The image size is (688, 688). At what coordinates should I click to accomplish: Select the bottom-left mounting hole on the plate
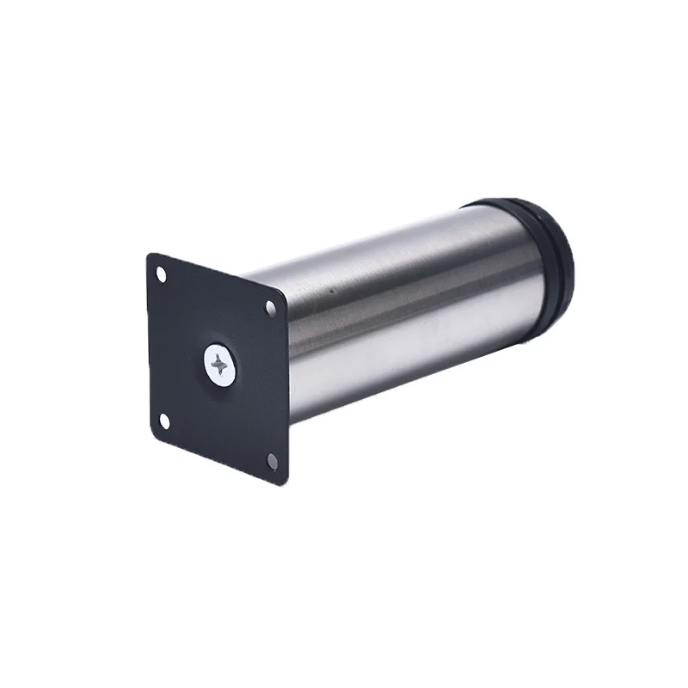(x=164, y=420)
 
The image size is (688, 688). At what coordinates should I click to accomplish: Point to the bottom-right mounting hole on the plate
(x=273, y=460)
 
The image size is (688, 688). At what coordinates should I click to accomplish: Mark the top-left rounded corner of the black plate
(x=151, y=257)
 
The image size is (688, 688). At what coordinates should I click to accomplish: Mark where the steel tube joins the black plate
(x=289, y=361)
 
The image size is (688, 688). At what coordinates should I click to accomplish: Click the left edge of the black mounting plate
(x=150, y=344)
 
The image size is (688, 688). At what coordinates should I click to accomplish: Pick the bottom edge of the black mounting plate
(x=215, y=455)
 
